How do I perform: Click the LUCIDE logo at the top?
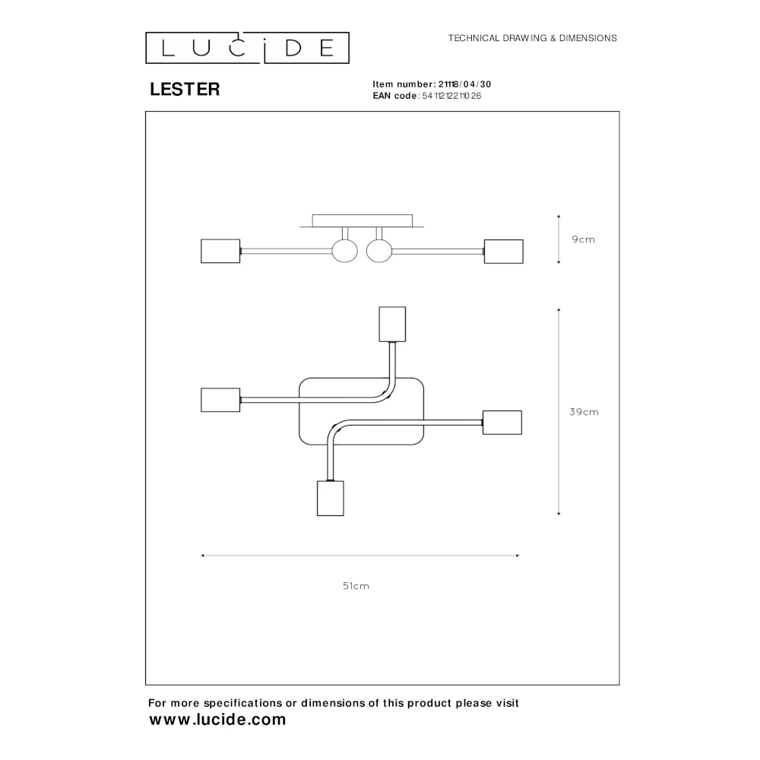[247, 48]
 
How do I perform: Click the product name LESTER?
[185, 89]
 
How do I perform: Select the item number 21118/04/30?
[465, 84]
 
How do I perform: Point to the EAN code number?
[451, 96]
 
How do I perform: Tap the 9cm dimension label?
[583, 239]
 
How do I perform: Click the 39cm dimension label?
[584, 412]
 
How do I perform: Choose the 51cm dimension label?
[356, 586]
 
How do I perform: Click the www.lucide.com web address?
[217, 720]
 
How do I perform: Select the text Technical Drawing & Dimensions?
[532, 38]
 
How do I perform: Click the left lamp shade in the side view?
[220, 251]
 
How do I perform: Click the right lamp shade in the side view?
[504, 252]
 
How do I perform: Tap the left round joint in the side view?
[344, 252]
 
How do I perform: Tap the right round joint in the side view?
[379, 252]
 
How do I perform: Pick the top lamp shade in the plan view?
[392, 325]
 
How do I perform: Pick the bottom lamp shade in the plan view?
[331, 499]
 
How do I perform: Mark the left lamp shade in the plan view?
[220, 400]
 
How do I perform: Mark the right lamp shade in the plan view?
[502, 423]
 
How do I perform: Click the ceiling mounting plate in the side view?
[362, 221]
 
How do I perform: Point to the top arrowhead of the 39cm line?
[559, 309]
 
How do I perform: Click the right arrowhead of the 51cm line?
[518, 556]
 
